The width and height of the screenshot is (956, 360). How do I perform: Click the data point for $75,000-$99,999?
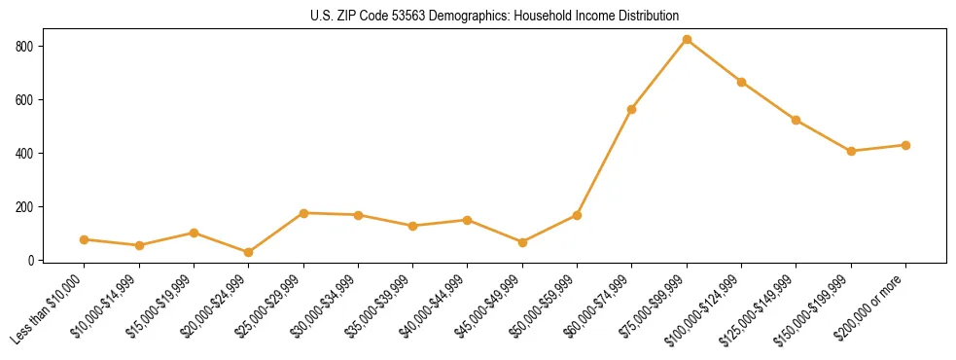pyautogui.click(x=687, y=40)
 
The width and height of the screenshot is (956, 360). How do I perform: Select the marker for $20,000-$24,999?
pyautogui.click(x=249, y=253)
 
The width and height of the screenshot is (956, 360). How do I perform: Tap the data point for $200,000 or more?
pyautogui.click(x=905, y=145)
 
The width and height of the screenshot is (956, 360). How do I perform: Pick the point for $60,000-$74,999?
pyautogui.click(x=632, y=109)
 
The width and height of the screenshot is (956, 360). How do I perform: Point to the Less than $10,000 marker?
pyautogui.click(x=85, y=239)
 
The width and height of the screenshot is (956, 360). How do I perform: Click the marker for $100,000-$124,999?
pyautogui.click(x=742, y=82)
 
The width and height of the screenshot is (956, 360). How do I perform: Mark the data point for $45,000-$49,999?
pyautogui.click(x=522, y=242)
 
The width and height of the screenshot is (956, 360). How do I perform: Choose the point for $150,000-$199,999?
pyautogui.click(x=851, y=151)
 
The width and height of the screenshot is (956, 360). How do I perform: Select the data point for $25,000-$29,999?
pyautogui.click(x=303, y=213)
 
